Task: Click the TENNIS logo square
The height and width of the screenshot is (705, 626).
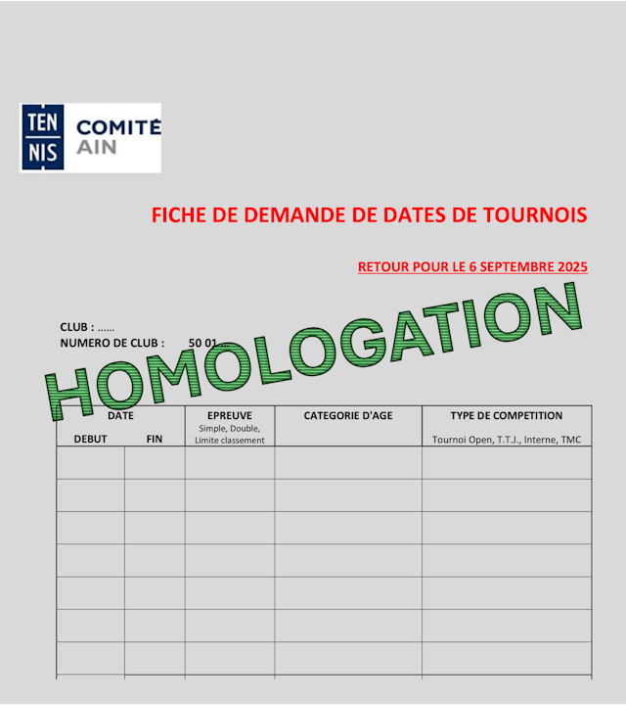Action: point(44,138)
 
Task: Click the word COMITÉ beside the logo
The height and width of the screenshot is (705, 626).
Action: point(118,127)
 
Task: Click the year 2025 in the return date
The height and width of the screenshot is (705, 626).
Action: point(569,266)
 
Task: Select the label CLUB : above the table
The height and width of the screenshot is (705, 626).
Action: point(77,327)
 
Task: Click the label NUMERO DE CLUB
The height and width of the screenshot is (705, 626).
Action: point(112,344)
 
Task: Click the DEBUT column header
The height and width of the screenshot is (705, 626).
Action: point(90,440)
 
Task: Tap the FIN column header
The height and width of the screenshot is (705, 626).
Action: point(155,440)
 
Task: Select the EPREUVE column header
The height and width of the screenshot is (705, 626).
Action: point(230,416)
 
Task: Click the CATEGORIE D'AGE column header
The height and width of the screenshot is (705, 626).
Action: point(348,416)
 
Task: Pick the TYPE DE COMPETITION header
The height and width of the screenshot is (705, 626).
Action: point(507,416)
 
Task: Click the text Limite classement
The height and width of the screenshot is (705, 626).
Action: point(230,441)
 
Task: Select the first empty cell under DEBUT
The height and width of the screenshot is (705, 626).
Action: point(90,462)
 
